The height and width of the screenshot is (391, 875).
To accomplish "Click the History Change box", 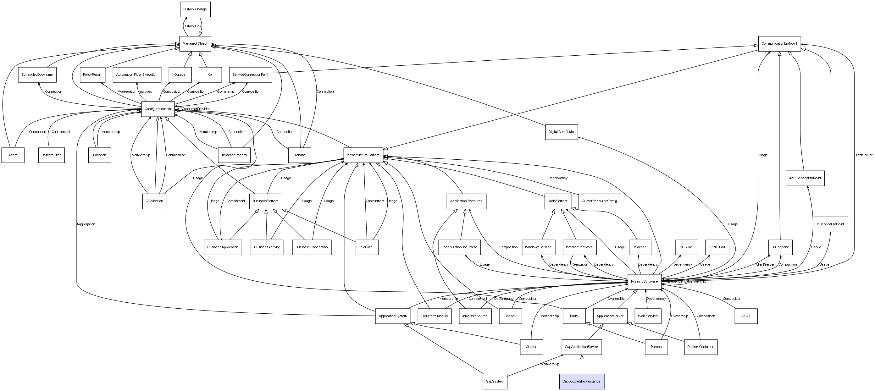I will (195, 9).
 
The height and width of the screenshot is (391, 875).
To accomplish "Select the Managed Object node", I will (195, 43).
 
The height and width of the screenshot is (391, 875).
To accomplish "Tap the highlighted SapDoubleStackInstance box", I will (582, 381).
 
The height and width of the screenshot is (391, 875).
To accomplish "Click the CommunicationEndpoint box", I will (779, 43).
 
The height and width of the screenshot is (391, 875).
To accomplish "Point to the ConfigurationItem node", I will (158, 109).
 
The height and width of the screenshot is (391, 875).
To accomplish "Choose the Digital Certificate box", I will (561, 132).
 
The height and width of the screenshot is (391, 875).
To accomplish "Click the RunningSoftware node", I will (644, 281).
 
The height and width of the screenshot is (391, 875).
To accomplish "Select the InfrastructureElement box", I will (363, 155).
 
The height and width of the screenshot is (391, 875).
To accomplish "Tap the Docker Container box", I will (701, 347).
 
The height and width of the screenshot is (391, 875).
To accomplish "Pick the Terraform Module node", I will (435, 316).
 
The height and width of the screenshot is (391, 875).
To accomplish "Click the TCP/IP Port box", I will (717, 247).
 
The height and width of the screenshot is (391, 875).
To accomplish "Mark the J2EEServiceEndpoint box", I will (805, 178).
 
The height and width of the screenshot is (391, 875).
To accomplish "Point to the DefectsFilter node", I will (51, 155).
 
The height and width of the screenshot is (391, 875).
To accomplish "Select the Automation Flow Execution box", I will (137, 74).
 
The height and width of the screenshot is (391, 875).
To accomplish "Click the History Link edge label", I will (192, 26).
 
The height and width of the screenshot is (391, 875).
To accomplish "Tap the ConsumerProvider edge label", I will (196, 109).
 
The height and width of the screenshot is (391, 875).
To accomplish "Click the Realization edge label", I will (580, 264).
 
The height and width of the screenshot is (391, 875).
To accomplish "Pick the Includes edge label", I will (145, 91).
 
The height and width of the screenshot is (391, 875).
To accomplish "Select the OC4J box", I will (746, 316).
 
